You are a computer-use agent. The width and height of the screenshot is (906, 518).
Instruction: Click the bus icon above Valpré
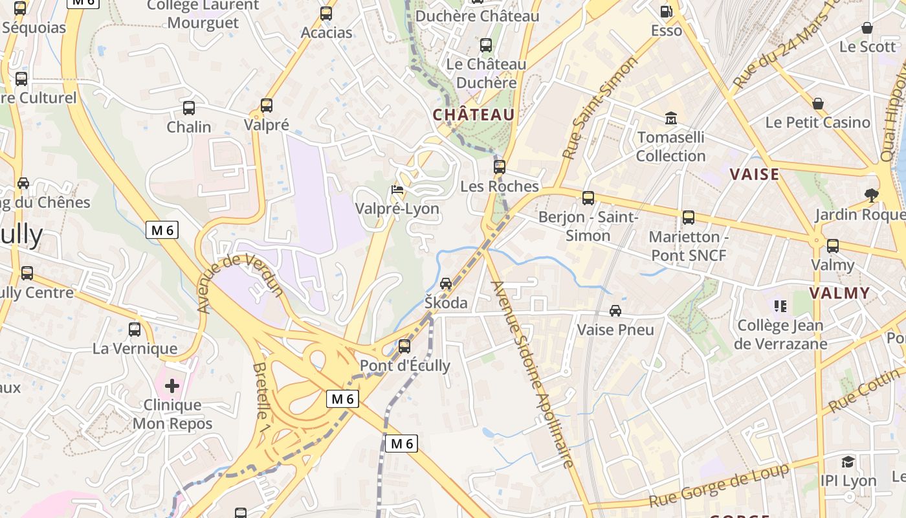click(266, 106)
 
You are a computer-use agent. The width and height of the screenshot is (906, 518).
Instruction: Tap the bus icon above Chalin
click(189, 108)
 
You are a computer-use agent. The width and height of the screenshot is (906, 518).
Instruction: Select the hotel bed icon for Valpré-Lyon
click(397, 190)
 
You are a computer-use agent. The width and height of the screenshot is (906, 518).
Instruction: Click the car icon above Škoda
click(446, 284)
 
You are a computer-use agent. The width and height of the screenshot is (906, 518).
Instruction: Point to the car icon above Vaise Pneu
click(615, 311)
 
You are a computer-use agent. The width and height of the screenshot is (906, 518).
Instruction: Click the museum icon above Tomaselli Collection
click(670, 118)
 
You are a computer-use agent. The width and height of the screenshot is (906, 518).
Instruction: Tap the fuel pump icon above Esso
click(666, 12)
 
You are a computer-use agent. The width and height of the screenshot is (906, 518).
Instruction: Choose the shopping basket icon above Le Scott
click(867, 28)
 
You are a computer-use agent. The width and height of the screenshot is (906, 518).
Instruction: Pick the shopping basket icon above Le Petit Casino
click(818, 104)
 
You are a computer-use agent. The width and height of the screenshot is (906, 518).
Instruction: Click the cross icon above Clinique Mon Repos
click(172, 387)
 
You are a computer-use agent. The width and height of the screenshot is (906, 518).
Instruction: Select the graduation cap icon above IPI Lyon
click(848, 462)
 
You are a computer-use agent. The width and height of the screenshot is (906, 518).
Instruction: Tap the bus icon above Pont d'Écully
click(404, 346)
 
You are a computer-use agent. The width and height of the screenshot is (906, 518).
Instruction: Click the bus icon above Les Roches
click(499, 167)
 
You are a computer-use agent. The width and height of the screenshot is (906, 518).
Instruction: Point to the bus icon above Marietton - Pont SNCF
click(689, 218)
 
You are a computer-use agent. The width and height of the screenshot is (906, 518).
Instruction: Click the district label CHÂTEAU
click(474, 115)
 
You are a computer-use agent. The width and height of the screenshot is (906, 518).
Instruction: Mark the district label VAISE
click(755, 174)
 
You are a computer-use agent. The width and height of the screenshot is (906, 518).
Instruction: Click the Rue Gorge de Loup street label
click(720, 486)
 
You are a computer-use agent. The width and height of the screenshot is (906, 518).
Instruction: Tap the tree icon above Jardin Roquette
click(872, 195)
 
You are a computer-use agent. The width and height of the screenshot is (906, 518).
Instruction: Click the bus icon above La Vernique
click(135, 330)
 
